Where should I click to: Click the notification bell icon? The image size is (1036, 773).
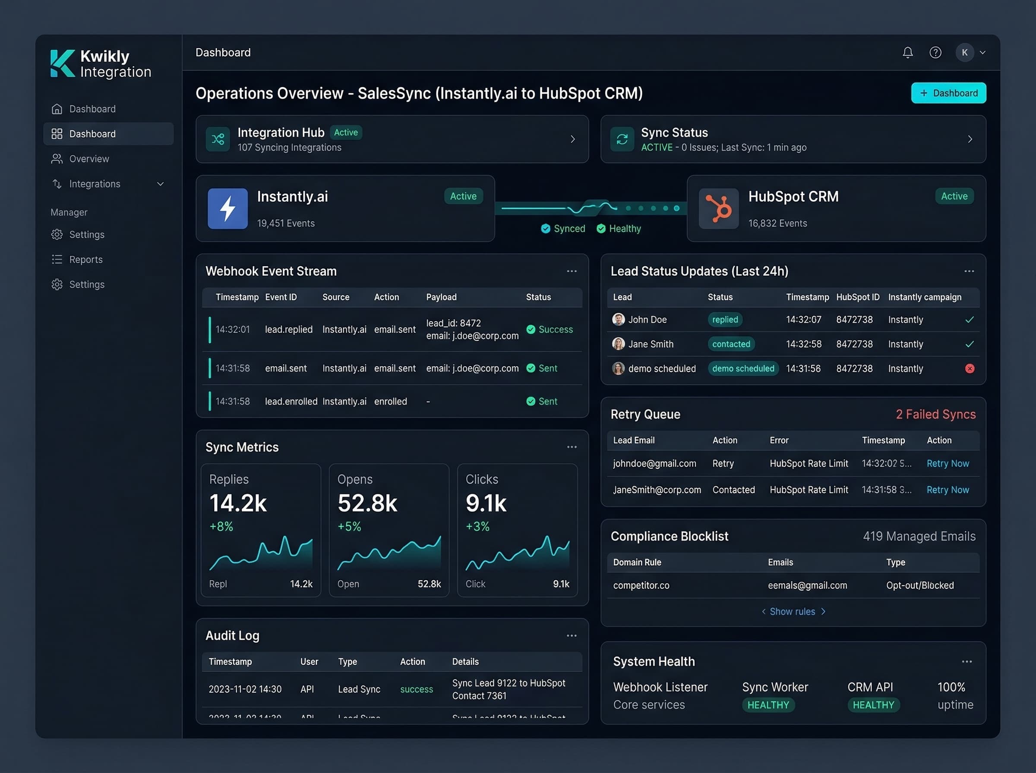[x=907, y=52]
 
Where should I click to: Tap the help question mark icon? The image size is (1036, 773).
[x=935, y=52]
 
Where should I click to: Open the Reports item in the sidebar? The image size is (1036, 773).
[x=85, y=259]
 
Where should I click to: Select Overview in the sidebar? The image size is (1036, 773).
[x=89, y=159]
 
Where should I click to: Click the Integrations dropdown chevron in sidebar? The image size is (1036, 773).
[x=160, y=184]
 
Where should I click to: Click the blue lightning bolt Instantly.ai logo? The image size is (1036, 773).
[x=227, y=209]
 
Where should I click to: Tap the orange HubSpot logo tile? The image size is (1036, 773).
[x=719, y=209]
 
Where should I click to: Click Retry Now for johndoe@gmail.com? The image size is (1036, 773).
[x=948, y=463]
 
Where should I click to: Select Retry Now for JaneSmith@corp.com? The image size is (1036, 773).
[x=948, y=490]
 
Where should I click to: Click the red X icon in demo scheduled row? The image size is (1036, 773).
[x=970, y=369]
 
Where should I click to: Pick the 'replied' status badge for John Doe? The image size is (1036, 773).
[x=725, y=320]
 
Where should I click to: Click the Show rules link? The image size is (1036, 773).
[x=793, y=612]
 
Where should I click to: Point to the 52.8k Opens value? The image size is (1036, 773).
[x=367, y=503]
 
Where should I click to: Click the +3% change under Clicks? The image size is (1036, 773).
[x=477, y=526]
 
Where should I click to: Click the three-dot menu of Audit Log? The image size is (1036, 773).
[x=571, y=635]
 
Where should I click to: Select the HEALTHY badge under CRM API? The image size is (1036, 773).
[x=873, y=705]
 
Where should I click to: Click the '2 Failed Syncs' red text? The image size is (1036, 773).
[x=935, y=414]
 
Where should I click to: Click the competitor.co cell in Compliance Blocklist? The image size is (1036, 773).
[x=641, y=585]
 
